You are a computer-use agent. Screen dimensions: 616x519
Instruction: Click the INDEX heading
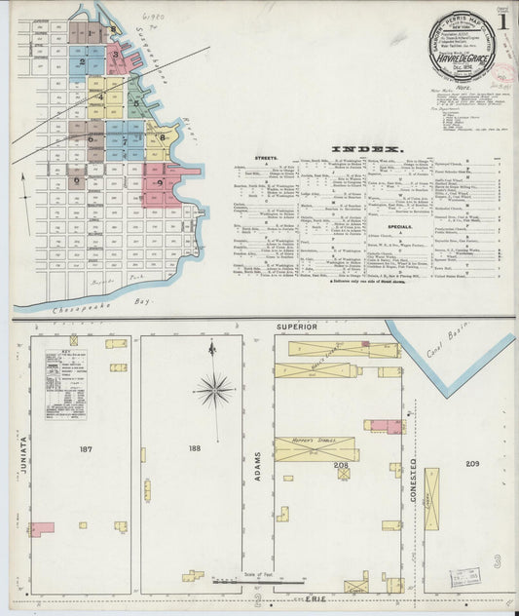click(360, 149)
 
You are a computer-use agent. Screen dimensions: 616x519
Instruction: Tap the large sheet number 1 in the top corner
click(502, 20)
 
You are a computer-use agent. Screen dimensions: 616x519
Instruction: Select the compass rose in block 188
click(214, 389)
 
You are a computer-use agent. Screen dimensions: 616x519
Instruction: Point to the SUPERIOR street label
click(299, 326)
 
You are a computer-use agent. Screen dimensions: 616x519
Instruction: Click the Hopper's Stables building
click(315, 448)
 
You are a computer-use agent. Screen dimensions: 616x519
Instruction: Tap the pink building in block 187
click(41, 529)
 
